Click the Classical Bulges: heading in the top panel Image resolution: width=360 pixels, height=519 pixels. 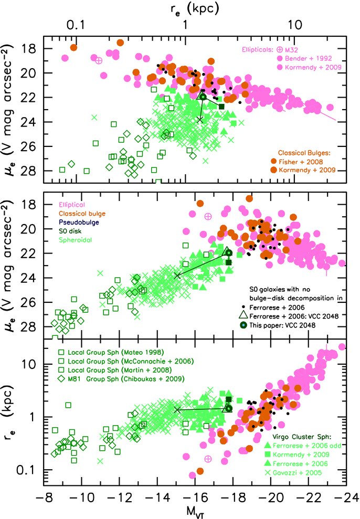(308, 151)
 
